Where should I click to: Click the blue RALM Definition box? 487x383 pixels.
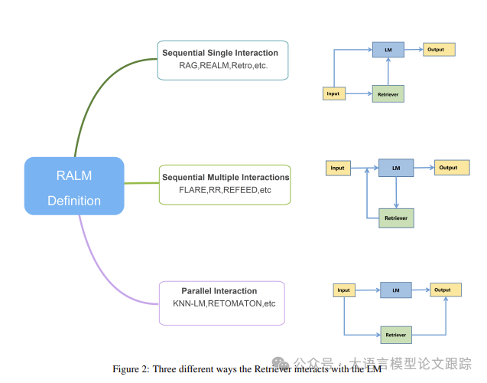coord(74,186)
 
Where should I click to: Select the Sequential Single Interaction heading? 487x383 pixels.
coord(220,53)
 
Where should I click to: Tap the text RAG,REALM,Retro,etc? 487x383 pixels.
coord(223,66)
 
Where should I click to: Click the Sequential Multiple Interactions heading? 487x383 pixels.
coord(226,177)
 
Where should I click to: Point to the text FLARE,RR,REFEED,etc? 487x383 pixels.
coord(225,189)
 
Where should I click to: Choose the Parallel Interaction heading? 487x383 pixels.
coord(219,291)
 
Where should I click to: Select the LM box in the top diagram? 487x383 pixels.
coord(388,50)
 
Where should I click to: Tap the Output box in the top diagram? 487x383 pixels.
coord(440,50)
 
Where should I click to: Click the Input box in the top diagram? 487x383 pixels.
coord(334,93)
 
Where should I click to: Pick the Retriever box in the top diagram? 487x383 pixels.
coord(388,93)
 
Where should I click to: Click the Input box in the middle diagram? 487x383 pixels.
coord(338,168)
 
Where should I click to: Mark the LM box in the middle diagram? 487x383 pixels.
coord(396,168)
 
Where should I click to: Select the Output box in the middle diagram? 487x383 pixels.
coord(449,168)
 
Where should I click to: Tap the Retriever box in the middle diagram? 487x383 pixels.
coord(396,218)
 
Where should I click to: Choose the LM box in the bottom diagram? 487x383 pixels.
coord(396,290)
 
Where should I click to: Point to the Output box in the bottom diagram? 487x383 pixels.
coord(443,290)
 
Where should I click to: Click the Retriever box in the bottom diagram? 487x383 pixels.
coord(396,335)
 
